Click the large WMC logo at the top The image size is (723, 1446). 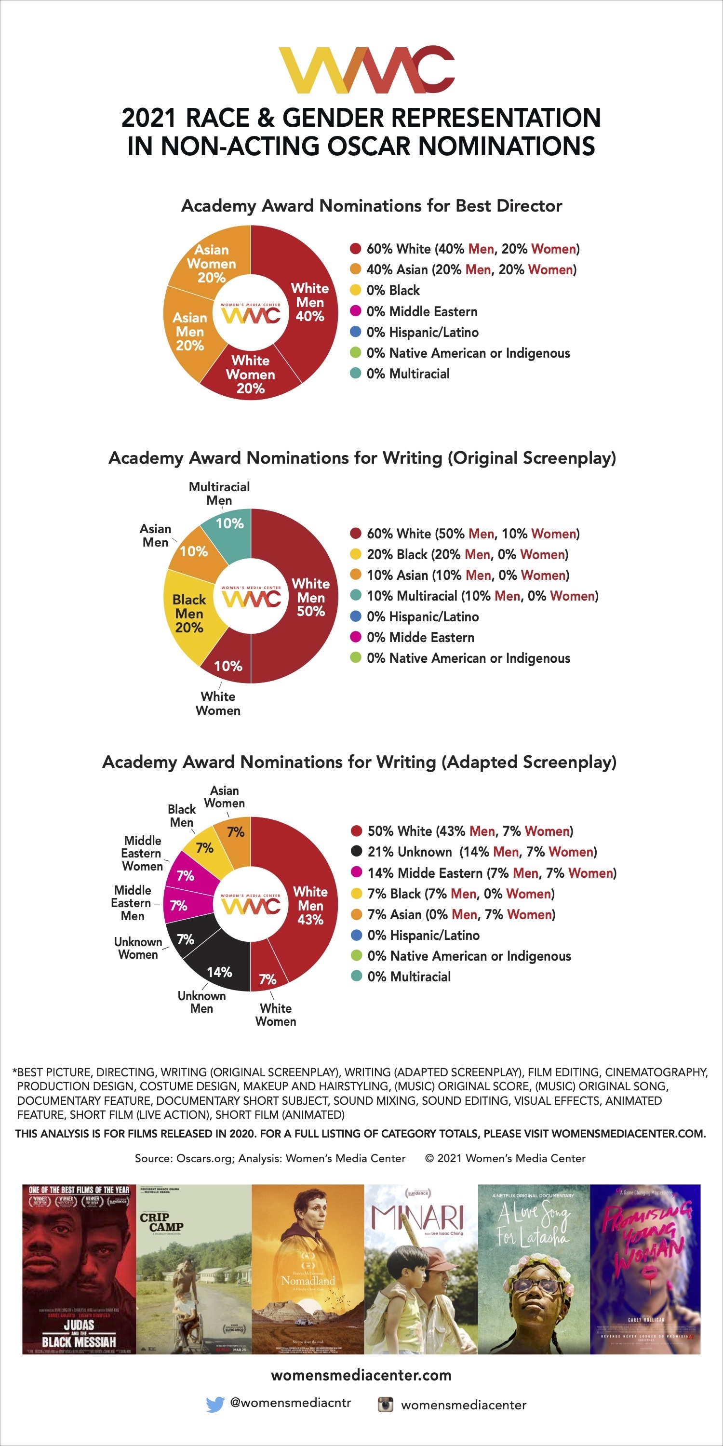pyautogui.click(x=366, y=69)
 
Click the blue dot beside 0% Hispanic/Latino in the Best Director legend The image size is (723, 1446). pyautogui.click(x=355, y=332)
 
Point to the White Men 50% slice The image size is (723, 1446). pyautogui.click(x=310, y=597)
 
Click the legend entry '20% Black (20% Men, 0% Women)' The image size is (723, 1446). pyautogui.click(x=467, y=555)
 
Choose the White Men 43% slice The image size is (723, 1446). pyautogui.click(x=310, y=905)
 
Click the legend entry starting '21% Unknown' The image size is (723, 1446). pyautogui.click(x=482, y=852)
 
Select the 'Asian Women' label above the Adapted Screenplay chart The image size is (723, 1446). pyautogui.click(x=225, y=797)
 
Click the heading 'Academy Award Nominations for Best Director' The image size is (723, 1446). pyautogui.click(x=371, y=206)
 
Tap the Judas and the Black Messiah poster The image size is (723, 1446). pyautogui.click(x=79, y=1270)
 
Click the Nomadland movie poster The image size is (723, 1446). pyautogui.click(x=308, y=1270)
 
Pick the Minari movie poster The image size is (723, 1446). pyautogui.click(x=420, y=1270)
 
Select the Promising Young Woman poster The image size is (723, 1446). pyautogui.click(x=645, y=1270)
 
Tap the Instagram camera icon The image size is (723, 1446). pyautogui.click(x=385, y=1405)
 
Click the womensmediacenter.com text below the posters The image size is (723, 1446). pyautogui.click(x=361, y=1375)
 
